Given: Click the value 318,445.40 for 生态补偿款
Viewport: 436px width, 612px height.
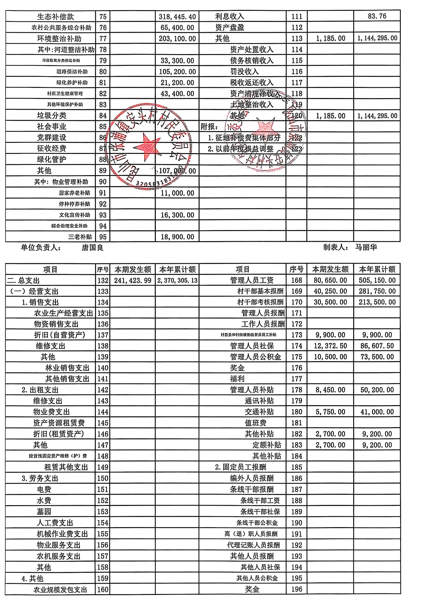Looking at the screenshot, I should coord(177,17).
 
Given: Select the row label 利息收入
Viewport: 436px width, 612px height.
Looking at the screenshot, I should coord(230,16).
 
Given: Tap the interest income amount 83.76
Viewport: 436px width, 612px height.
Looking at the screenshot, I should coord(377,16).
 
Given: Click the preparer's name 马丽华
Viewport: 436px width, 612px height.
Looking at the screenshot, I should coord(366,247).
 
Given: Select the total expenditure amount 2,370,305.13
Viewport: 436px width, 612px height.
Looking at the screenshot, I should coord(177,281).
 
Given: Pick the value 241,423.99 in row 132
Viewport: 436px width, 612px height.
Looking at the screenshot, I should coord(133,281).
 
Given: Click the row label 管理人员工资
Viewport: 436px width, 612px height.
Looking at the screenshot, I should coord(252,280).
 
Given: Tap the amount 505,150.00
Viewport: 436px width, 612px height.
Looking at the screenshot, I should coord(377,280).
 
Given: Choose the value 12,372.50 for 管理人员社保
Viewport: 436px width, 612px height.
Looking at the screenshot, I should coord(330,346).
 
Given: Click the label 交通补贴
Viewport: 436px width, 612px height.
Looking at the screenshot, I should coord(259,412).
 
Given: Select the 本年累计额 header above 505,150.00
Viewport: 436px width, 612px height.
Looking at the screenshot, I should coord(377,269).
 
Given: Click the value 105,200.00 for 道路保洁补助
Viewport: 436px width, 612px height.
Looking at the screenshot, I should coord(177,72).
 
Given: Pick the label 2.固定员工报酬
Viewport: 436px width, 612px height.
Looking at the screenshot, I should coord(241,467).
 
